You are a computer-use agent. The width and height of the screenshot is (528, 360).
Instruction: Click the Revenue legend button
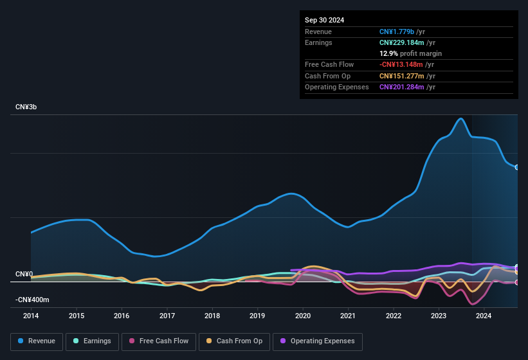(x=37, y=341)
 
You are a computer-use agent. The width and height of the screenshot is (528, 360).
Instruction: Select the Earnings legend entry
(x=93, y=341)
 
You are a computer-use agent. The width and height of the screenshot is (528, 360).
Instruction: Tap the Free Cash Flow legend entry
(x=159, y=341)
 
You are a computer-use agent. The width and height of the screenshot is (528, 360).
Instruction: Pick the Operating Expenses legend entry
(x=317, y=341)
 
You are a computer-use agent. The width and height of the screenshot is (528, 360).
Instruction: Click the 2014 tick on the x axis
(x=31, y=316)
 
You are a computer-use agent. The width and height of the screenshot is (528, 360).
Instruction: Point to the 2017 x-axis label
(x=167, y=316)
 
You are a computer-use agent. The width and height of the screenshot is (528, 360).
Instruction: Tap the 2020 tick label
(x=303, y=316)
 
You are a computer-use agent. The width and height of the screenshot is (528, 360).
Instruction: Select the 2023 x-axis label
(x=439, y=316)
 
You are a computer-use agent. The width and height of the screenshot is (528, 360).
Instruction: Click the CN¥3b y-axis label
(x=26, y=107)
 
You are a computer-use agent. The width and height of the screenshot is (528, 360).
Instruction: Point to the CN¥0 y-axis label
(x=24, y=274)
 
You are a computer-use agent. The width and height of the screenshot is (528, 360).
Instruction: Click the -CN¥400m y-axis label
(x=32, y=300)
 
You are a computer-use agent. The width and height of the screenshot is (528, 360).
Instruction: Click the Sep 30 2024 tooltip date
(x=324, y=20)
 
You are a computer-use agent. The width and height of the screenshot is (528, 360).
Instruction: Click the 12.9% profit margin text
(x=410, y=53)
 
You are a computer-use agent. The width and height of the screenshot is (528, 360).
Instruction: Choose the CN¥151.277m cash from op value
(x=401, y=76)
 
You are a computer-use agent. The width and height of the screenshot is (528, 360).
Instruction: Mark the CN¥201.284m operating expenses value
(x=401, y=87)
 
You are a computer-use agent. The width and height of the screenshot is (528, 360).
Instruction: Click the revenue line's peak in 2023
(x=460, y=118)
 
